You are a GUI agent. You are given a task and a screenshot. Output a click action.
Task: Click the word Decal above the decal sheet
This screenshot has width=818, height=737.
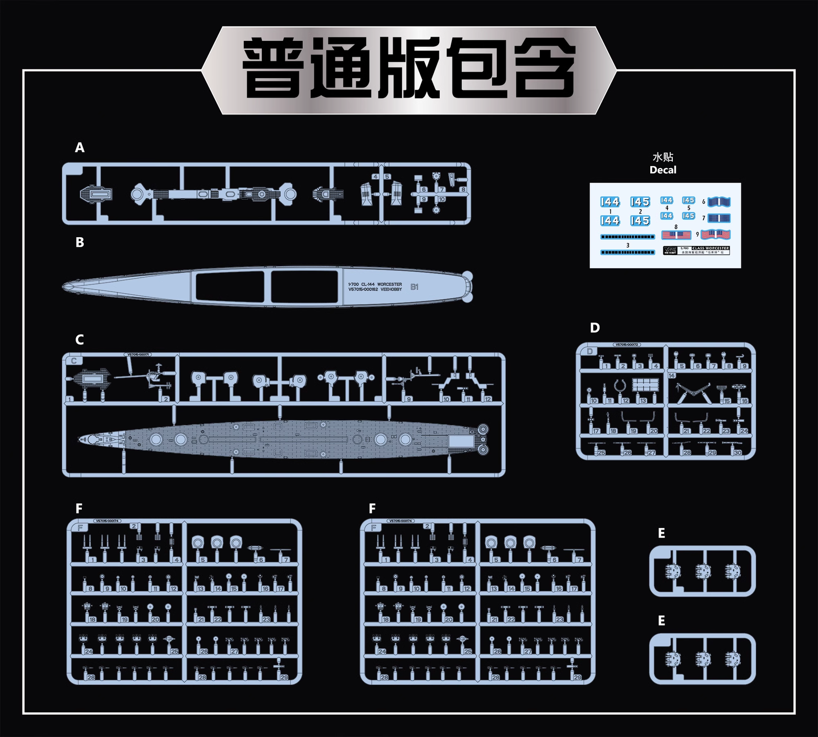[663, 170]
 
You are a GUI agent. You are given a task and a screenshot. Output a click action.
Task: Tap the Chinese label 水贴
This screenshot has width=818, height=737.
[663, 157]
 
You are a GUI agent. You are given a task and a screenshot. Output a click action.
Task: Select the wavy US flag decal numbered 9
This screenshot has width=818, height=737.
[716, 235]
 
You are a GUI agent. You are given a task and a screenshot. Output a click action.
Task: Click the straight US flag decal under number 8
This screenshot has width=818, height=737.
[676, 235]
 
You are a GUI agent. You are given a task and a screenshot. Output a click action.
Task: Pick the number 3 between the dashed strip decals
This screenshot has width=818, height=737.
[628, 245]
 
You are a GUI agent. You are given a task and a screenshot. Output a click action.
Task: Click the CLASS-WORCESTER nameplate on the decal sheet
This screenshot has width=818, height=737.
[710, 248]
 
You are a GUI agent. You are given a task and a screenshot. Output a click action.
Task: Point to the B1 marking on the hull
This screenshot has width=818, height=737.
[414, 287]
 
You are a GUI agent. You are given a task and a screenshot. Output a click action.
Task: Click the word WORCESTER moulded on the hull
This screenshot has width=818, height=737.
[390, 284]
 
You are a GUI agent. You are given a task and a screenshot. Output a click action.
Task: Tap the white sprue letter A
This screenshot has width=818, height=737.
[80, 148]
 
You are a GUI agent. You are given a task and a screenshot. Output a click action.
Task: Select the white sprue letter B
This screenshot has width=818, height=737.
[80, 242]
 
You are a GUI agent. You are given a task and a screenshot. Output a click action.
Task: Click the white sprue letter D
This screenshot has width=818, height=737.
[595, 328]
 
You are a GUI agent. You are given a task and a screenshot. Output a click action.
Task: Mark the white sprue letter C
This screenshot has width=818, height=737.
[80, 340]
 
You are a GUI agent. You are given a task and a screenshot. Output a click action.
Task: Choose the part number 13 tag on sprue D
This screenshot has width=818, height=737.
[643, 401]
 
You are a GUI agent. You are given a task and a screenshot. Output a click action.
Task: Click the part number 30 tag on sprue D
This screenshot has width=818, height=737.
[738, 453]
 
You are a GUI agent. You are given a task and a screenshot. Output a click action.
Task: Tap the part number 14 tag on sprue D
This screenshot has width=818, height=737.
[672, 376]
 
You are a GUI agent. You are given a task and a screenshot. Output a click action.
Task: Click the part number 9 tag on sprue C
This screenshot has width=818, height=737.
[408, 399]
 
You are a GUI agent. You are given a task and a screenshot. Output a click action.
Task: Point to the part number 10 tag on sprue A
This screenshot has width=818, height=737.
[442, 199]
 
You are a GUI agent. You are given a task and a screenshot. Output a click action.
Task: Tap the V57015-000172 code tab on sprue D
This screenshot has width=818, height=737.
[628, 345]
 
